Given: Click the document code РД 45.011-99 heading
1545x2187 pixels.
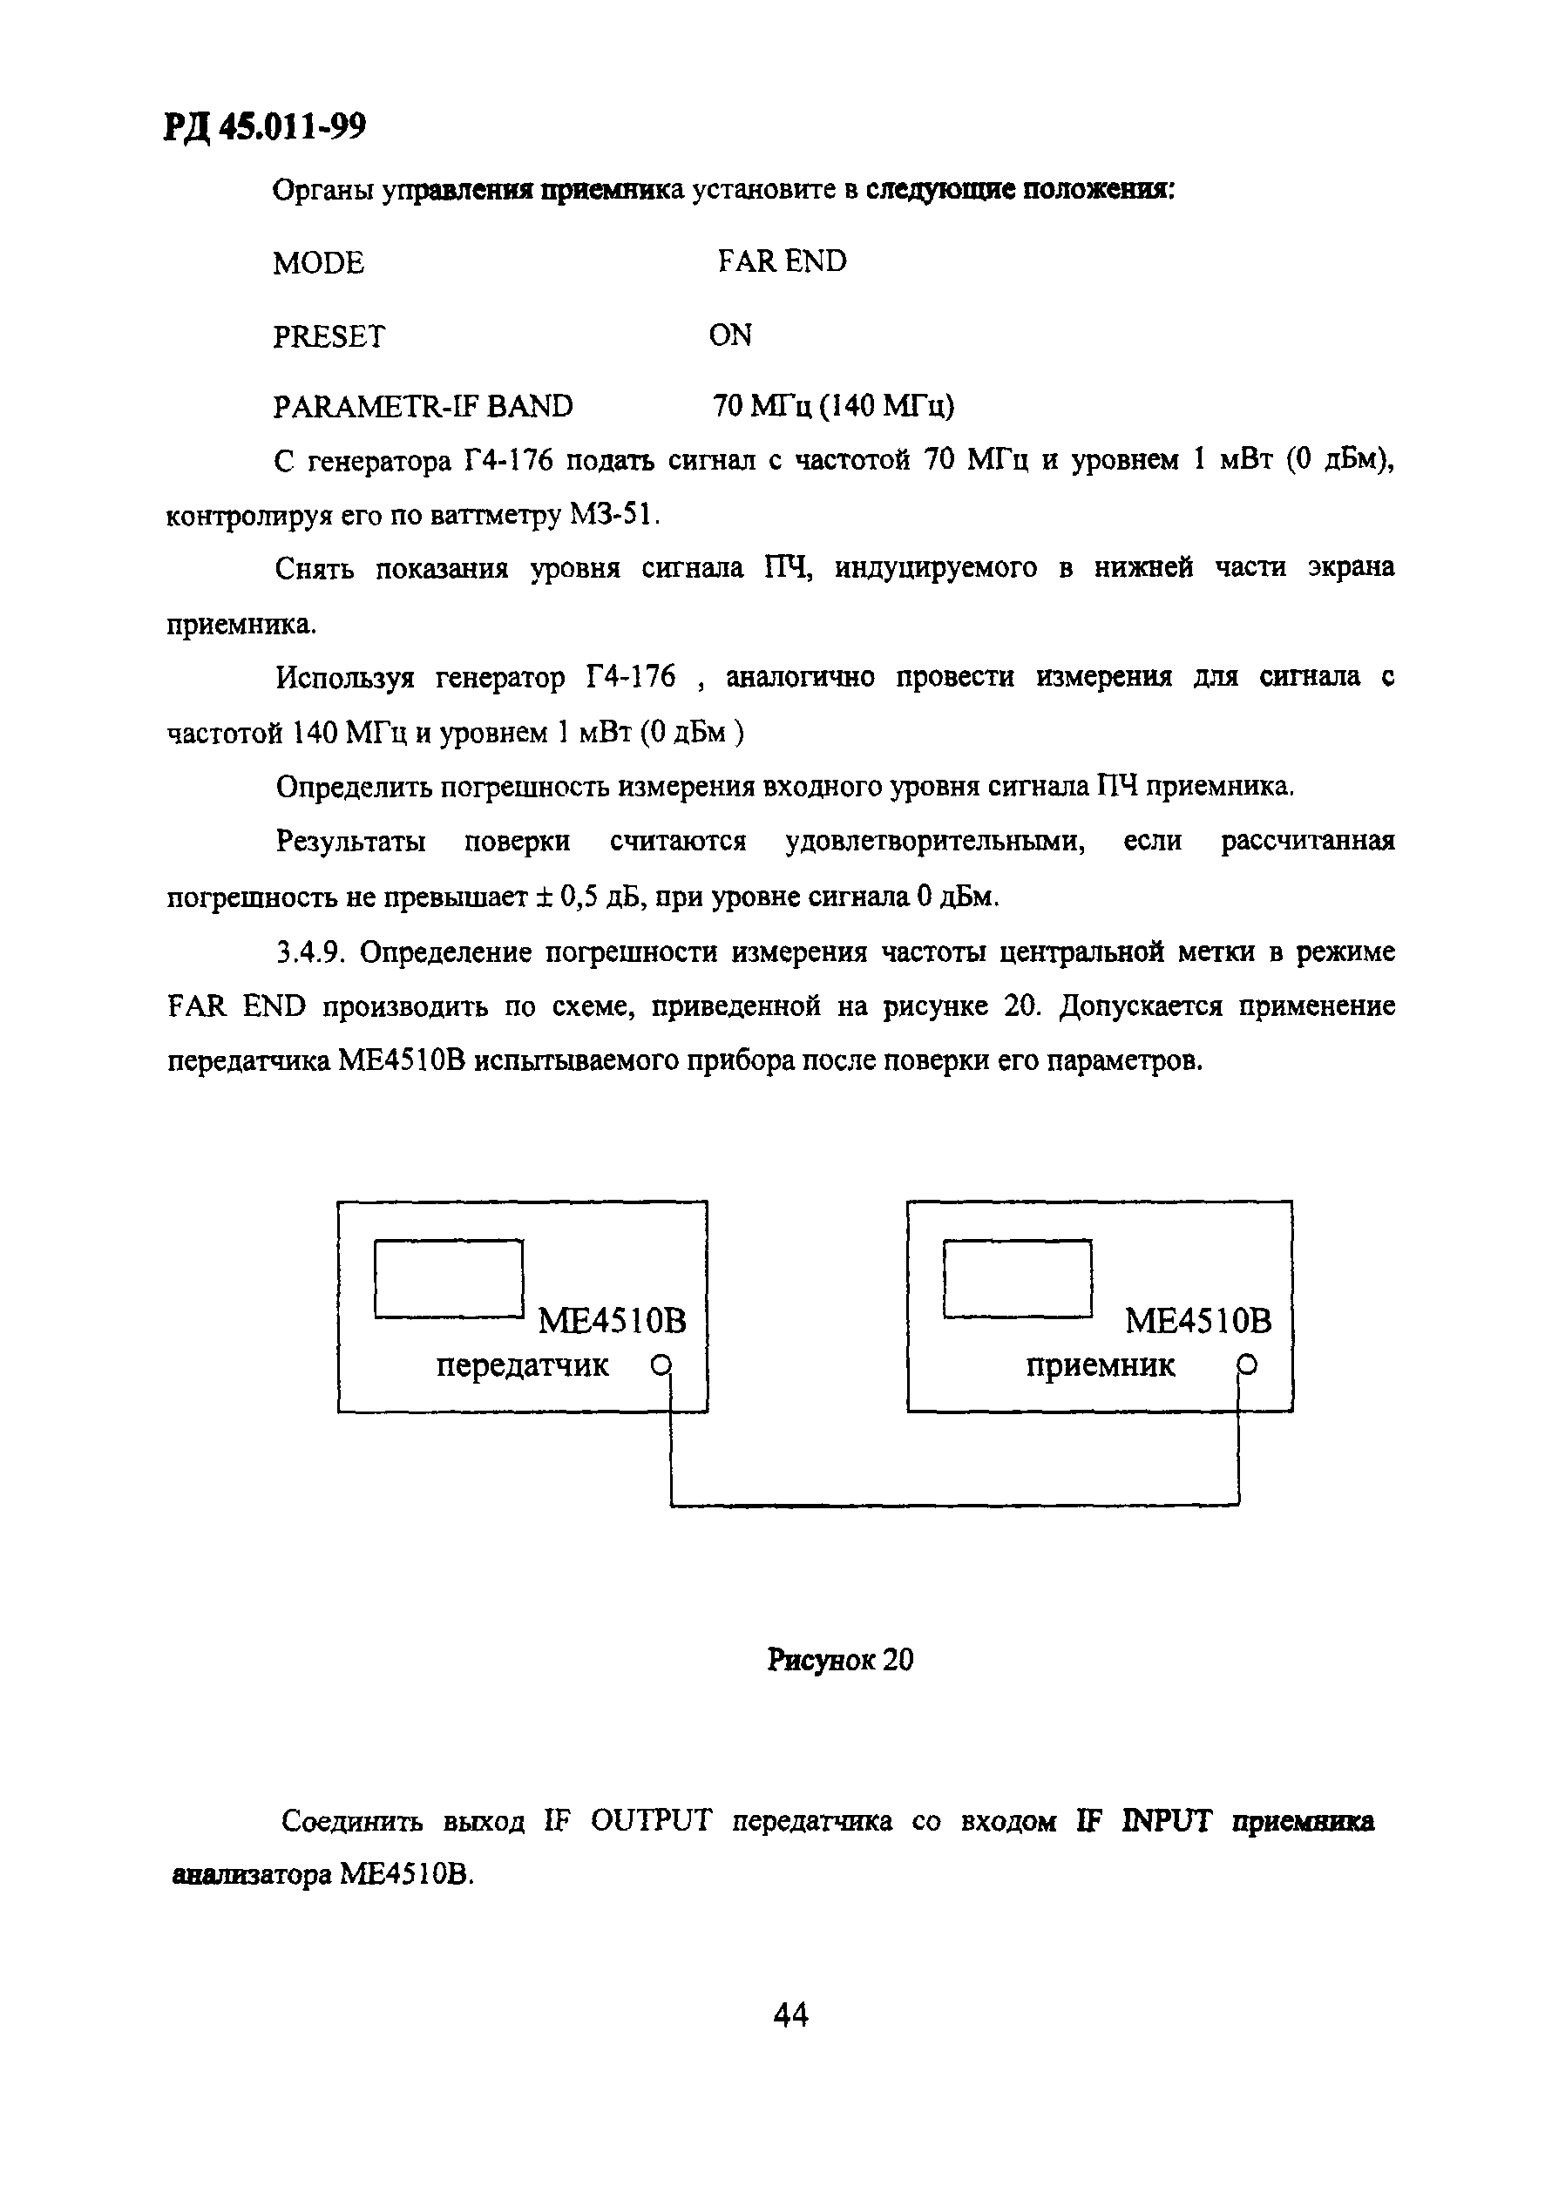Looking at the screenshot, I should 264,125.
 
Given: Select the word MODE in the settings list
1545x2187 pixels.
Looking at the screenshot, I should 318,263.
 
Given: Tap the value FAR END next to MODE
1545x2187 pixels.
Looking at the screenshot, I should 781,261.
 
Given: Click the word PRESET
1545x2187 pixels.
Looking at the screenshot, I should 329,336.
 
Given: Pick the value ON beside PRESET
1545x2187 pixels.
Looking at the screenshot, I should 729,335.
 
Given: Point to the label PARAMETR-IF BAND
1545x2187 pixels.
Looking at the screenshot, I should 423,407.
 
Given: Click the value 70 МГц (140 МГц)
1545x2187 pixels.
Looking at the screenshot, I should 832,407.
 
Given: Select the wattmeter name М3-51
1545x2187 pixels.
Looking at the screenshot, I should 613,515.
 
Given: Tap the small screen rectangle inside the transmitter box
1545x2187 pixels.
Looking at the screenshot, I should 449,1278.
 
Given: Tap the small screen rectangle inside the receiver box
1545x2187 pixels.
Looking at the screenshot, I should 1016,1278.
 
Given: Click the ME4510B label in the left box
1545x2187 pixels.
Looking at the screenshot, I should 612,1321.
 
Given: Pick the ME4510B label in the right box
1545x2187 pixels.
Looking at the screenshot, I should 1197,1321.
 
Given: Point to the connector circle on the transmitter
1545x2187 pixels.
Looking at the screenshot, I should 661,1366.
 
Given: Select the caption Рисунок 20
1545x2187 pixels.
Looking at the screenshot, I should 839,1660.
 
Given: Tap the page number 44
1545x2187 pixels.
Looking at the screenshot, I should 790,2014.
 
